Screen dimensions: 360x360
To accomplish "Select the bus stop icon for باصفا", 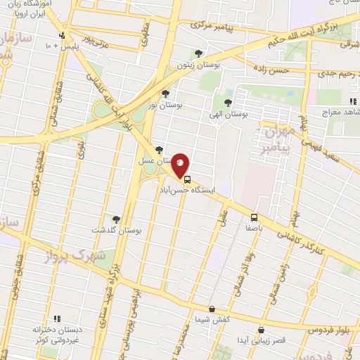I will point(255,217).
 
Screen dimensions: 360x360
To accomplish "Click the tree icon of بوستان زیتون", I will point(198,53).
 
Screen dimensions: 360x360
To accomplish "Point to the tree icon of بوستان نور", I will point(165,93).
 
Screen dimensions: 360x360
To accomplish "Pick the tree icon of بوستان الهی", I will point(226,103).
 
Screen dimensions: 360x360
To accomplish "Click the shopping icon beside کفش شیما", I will point(212,309).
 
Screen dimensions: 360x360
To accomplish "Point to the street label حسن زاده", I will point(273,71).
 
